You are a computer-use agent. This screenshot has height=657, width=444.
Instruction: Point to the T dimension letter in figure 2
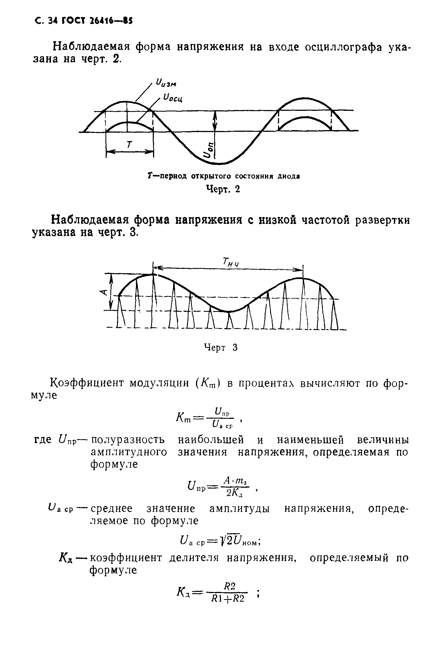click(x=129, y=145)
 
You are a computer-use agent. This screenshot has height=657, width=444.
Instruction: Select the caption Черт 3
click(x=221, y=347)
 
